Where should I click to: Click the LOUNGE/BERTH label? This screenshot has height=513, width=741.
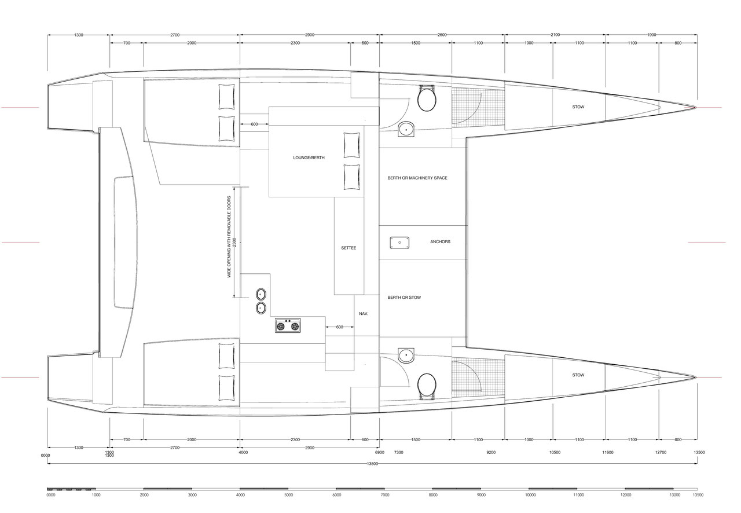(x=309, y=157)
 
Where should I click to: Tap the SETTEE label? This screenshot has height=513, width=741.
(x=349, y=248)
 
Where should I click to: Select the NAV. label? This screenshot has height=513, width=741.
(x=364, y=313)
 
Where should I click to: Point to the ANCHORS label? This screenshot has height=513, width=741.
(x=441, y=241)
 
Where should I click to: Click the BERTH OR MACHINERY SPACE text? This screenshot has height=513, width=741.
(x=417, y=178)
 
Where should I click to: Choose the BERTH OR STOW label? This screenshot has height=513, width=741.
(x=404, y=297)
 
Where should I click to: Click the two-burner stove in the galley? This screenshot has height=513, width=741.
(x=288, y=325)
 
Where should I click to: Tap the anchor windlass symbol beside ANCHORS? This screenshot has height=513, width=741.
(x=399, y=243)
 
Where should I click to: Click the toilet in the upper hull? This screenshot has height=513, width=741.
(x=427, y=98)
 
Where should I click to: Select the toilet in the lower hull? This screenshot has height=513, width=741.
(x=427, y=386)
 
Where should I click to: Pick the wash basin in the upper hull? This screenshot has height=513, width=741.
(x=406, y=129)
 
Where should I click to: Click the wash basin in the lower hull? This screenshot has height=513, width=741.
(x=406, y=356)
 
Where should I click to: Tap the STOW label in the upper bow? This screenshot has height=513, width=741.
(x=578, y=107)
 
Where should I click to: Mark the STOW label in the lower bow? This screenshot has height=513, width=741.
(x=578, y=375)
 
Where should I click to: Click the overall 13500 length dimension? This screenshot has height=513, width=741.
(x=372, y=464)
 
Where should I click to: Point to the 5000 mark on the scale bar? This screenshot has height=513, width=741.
(x=289, y=495)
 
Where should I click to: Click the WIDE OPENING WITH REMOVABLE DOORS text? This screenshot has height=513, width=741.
(x=229, y=237)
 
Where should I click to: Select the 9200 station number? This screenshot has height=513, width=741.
(x=491, y=452)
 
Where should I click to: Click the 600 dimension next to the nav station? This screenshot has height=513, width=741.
(x=339, y=327)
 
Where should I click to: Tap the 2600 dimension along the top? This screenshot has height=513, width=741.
(x=442, y=35)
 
